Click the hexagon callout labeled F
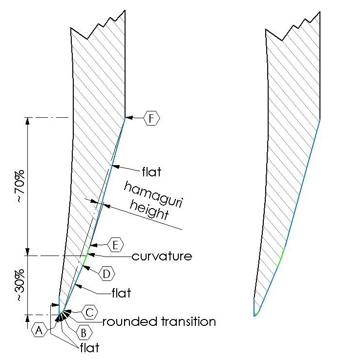pyautogui.click(x=151, y=118)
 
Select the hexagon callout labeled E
pyautogui.click(x=116, y=245)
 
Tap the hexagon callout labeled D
pyautogui.click(x=106, y=274)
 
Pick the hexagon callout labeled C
pyautogui.click(x=89, y=312)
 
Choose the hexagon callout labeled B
pyautogui.click(x=84, y=333)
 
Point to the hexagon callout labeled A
pyautogui.click(x=39, y=330)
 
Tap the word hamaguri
pyautogui.click(x=153, y=194)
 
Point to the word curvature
pyautogui.click(x=162, y=256)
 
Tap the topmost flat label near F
pyautogui.click(x=151, y=172)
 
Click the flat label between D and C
pyautogui.click(x=121, y=293)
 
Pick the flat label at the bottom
pyautogui.click(x=90, y=347)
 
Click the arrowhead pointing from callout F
pyautogui.click(x=129, y=118)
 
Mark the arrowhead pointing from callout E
pyautogui.click(x=93, y=245)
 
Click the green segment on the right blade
pyautogui.click(x=281, y=257)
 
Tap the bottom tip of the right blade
pyautogui.click(x=254, y=316)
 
